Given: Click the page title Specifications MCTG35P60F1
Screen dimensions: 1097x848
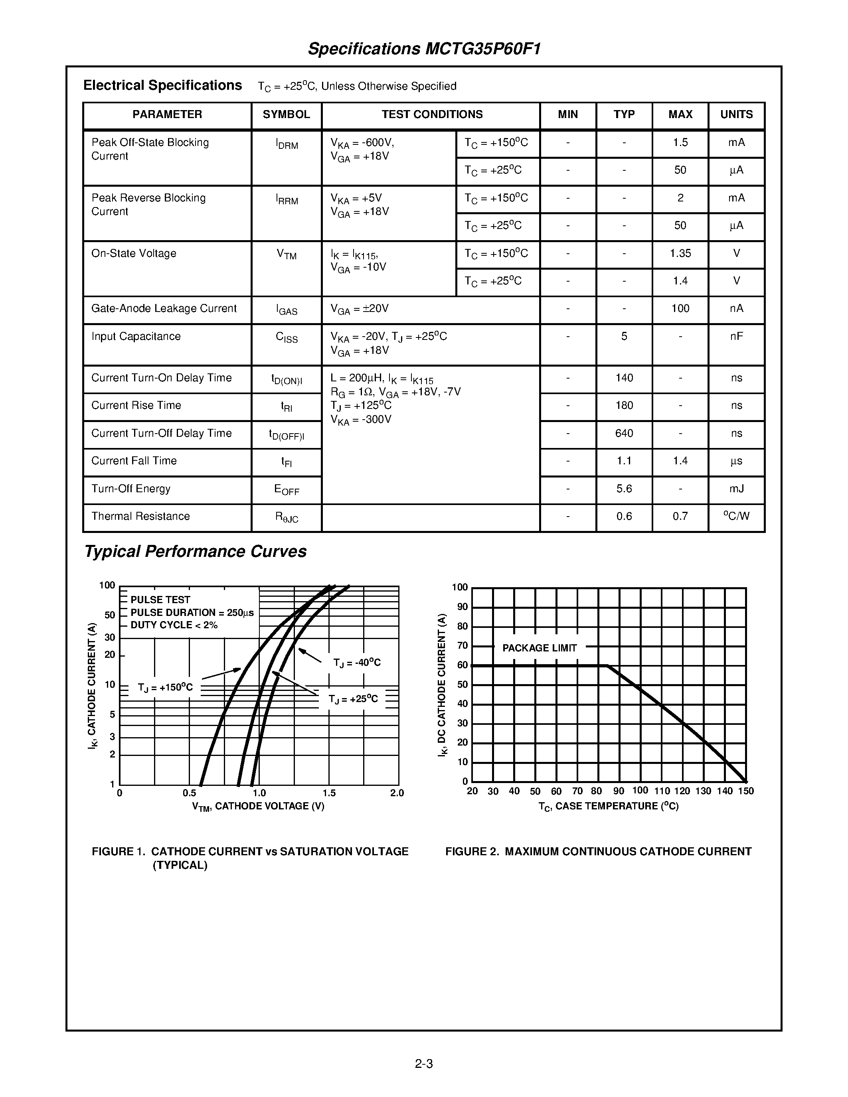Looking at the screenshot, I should (x=424, y=49).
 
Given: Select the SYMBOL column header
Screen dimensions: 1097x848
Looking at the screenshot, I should (x=287, y=114).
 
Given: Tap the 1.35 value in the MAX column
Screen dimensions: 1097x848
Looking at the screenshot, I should (x=680, y=253).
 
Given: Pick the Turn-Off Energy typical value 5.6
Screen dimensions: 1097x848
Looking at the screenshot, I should (x=624, y=489).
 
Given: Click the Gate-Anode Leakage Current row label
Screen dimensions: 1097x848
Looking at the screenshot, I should (x=164, y=308).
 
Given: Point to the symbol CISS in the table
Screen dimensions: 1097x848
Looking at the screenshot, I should (x=287, y=337).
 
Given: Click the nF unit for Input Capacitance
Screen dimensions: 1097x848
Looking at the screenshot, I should (x=737, y=337).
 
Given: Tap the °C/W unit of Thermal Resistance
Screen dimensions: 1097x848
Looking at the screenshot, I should (x=737, y=516).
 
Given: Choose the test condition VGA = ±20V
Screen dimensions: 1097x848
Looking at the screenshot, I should (x=360, y=309).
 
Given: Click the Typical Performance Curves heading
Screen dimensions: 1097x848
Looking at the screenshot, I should (x=196, y=552).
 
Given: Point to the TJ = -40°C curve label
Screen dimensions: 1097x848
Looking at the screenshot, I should (x=357, y=663).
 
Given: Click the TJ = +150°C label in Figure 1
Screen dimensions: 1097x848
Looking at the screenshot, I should (x=165, y=688).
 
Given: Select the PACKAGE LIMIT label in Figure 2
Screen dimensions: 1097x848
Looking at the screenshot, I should (x=540, y=648).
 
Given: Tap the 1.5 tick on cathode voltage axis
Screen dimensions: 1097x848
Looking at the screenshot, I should (x=329, y=793).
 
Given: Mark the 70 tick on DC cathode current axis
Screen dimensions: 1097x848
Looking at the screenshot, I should (x=462, y=645).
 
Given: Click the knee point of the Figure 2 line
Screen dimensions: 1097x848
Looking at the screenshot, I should (x=607, y=666).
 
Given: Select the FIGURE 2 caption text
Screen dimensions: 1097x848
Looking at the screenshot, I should (x=598, y=851).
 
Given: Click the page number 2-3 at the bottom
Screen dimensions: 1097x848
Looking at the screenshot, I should (x=424, y=1063).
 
